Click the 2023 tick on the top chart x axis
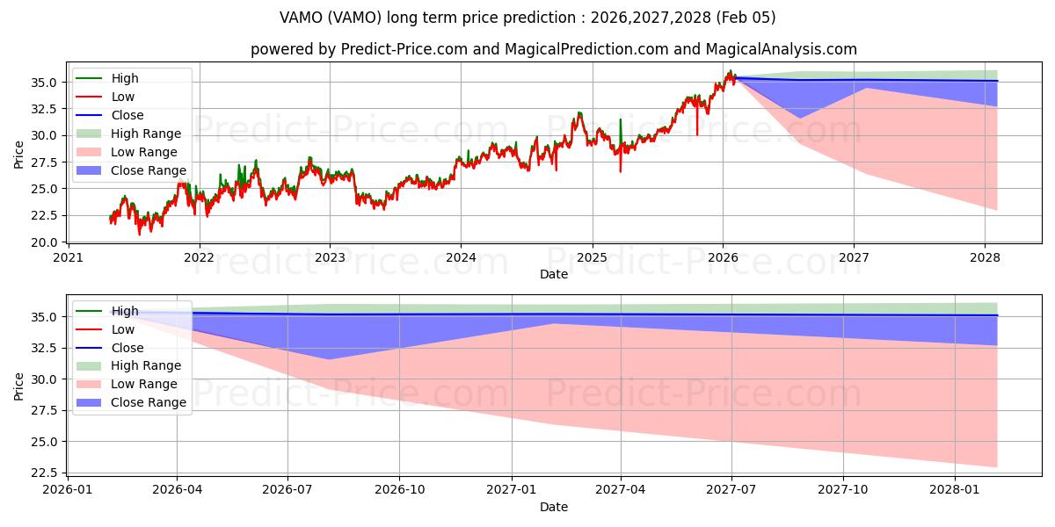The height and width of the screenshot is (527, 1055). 330,258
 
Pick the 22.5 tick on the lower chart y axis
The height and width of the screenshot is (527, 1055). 46,473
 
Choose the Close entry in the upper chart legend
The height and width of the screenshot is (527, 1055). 127,115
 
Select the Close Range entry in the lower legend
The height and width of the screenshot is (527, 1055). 149,402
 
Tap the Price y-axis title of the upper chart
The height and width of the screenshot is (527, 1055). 19,155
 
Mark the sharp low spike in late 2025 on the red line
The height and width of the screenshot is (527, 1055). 697,134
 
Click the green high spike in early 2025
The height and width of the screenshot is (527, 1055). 620,120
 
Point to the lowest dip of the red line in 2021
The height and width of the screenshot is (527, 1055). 139,234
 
